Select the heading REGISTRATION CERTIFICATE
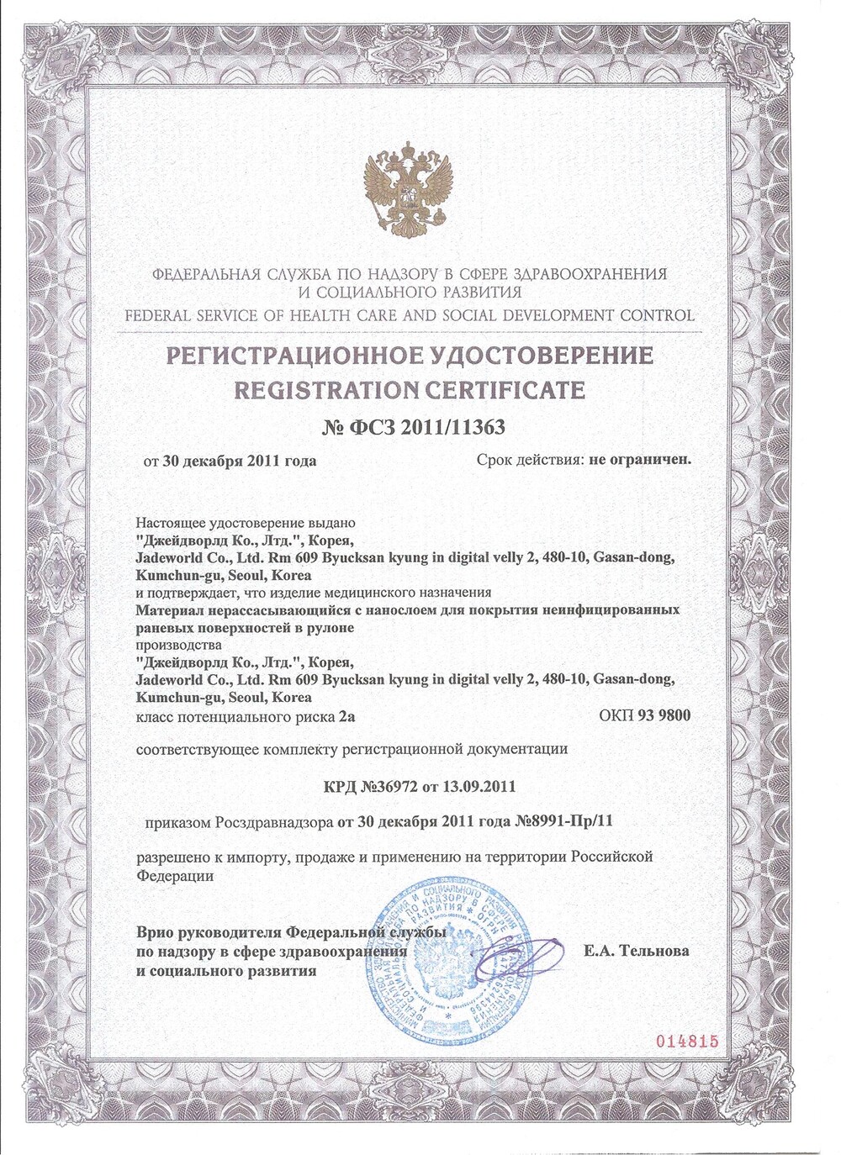[409, 390]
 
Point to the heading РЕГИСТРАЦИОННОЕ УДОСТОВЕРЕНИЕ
[410, 356]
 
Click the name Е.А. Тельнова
[636, 951]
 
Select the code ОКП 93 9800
[644, 716]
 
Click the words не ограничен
[640, 460]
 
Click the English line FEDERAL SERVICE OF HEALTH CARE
[409, 316]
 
